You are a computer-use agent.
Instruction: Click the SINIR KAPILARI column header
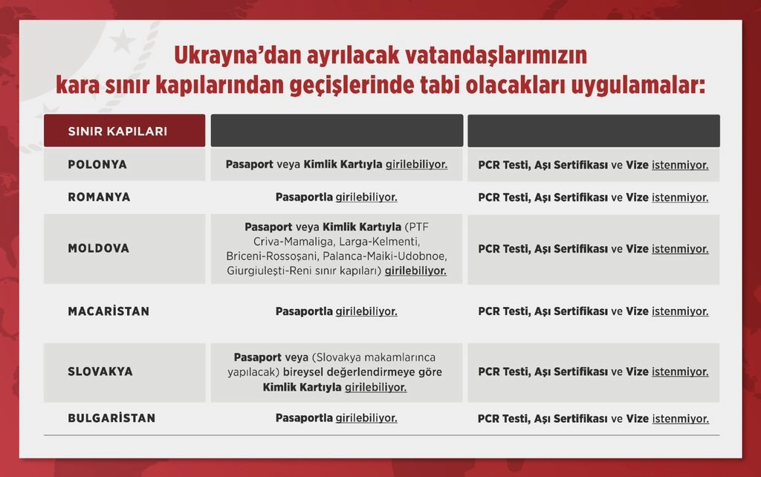point(117,131)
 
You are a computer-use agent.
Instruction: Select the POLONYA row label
point(97,164)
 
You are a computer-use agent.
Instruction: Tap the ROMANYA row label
point(99,197)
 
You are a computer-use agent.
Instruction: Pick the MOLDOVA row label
point(99,248)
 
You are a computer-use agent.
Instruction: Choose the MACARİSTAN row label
point(109,311)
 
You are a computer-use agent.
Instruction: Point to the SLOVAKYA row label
point(100,371)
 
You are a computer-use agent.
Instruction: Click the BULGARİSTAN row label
point(111,418)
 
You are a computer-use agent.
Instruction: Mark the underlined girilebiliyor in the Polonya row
point(416,164)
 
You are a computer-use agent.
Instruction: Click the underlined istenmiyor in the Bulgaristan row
point(681,418)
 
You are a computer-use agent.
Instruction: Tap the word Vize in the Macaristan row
point(637,311)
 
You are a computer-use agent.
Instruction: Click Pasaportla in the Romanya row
point(304,197)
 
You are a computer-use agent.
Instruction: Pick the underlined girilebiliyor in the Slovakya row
point(375,387)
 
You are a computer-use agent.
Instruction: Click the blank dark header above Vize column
point(594,131)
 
